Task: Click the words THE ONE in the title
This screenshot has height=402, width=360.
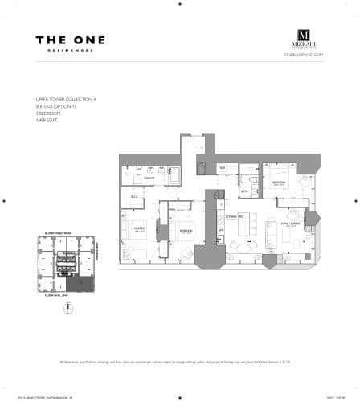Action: pyautogui.click(x=70, y=39)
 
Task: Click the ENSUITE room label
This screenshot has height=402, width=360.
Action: pyautogui.click(x=149, y=178)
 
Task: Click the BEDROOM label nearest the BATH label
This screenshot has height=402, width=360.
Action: pyautogui.click(x=278, y=183)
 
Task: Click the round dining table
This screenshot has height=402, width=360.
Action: pyautogui.click(x=239, y=246)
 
